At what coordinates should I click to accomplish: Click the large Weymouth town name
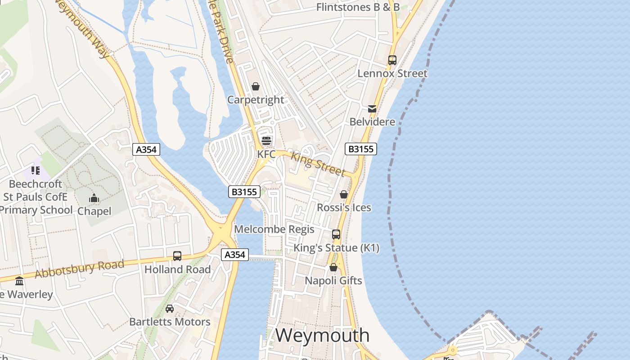322,335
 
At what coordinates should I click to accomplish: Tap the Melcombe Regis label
274,229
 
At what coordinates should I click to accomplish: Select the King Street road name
318,164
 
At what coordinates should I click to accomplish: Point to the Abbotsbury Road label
79,269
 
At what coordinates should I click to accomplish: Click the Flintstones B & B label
358,7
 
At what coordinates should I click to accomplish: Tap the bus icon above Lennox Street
392,60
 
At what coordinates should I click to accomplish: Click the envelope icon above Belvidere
372,109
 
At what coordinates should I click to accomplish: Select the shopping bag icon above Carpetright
256,86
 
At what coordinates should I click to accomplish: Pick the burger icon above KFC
266,140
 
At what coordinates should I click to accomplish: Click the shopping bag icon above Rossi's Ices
344,194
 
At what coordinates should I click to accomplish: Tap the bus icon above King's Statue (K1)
336,234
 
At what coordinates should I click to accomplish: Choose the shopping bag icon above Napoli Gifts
333,267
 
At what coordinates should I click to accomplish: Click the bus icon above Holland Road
177,256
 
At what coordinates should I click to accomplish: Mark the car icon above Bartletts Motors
170,308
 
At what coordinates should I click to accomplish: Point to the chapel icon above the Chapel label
94,198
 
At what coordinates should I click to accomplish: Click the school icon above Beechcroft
36,171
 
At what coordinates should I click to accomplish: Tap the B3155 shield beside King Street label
361,149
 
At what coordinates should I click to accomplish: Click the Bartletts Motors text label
170,322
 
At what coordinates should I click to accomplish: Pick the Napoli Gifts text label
333,281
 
